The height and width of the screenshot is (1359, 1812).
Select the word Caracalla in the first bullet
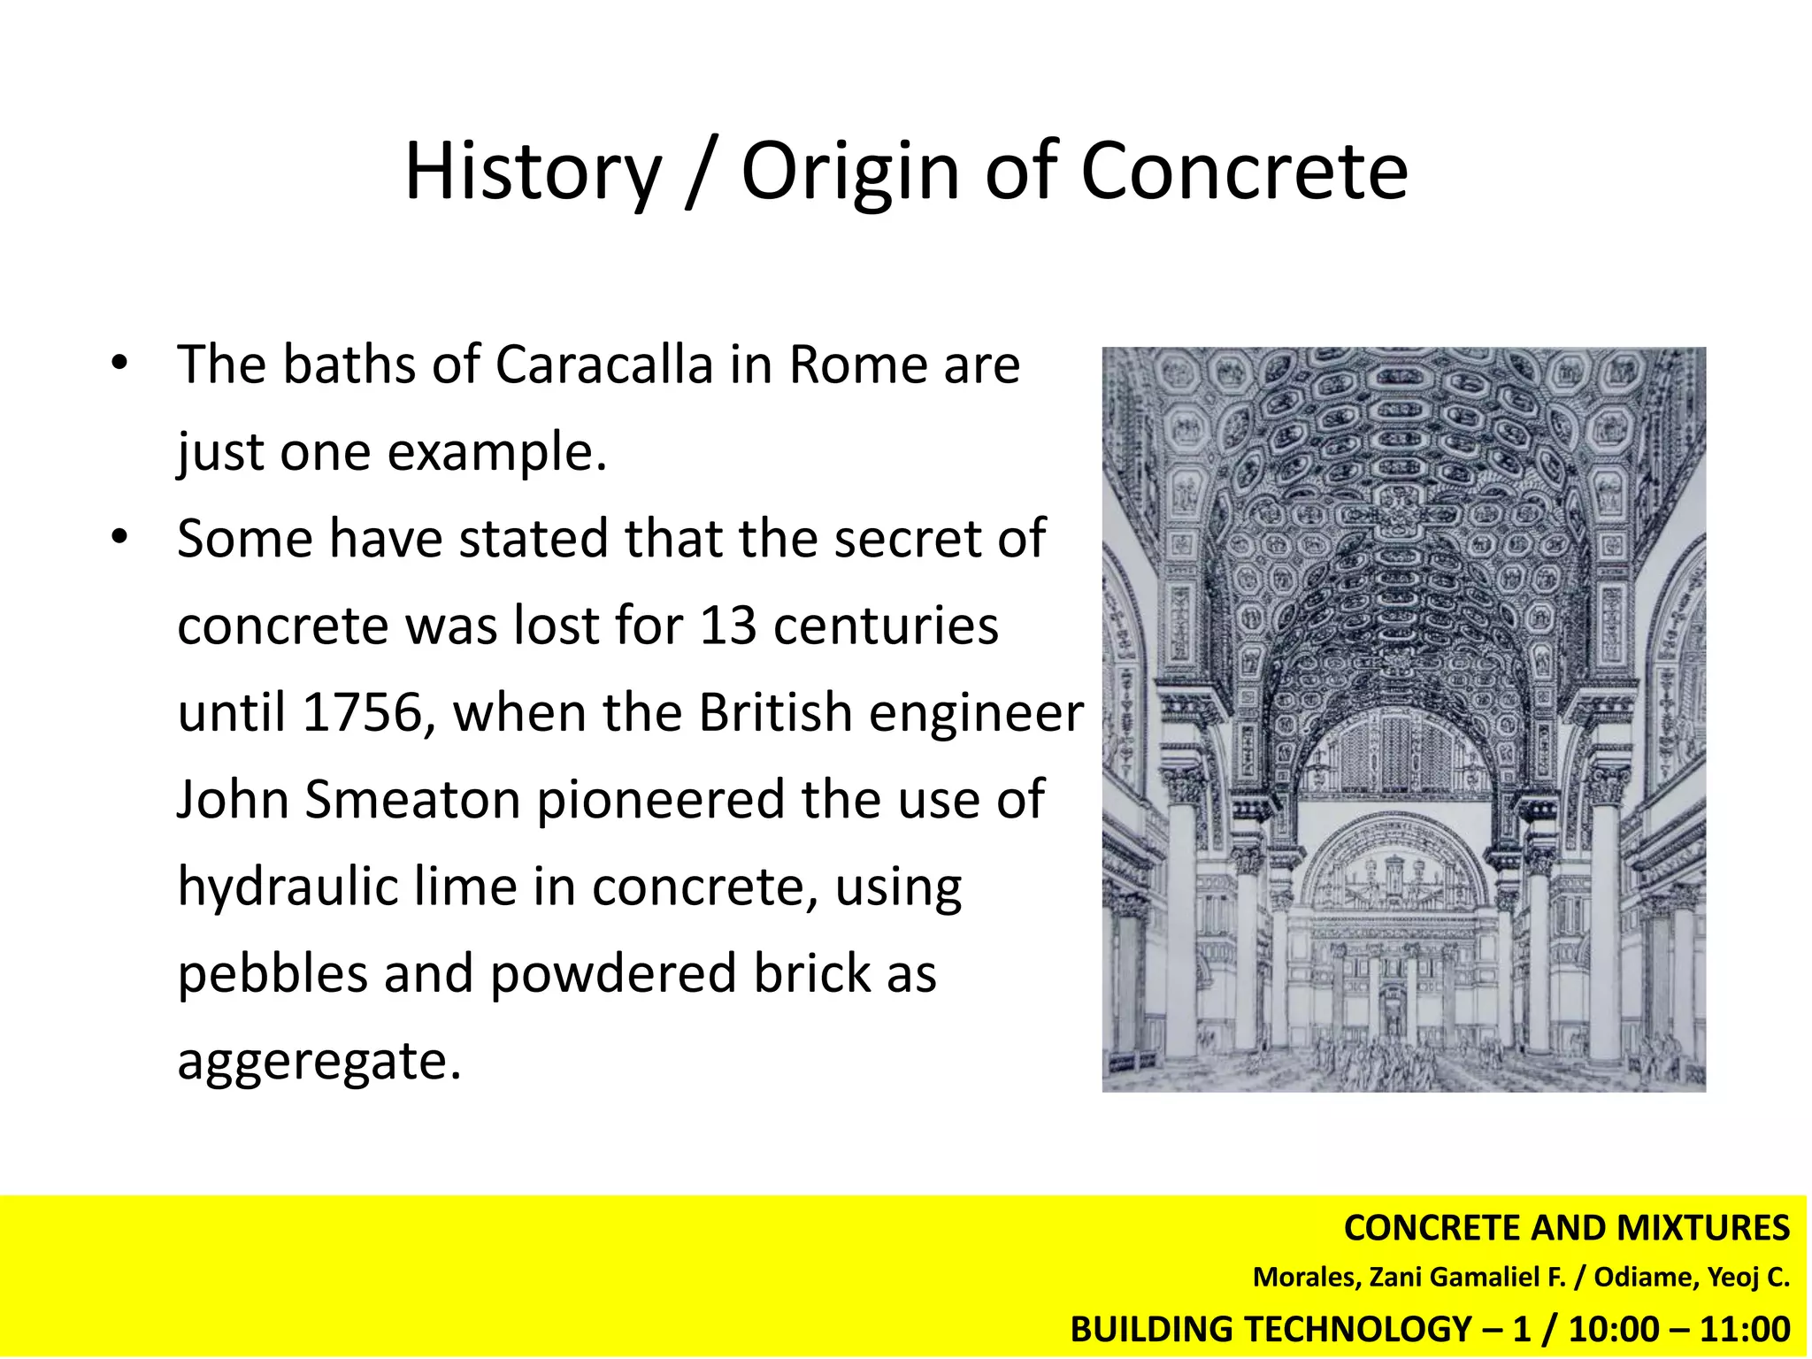pyautogui.click(x=603, y=365)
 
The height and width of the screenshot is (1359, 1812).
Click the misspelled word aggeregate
pyautogui.click(x=319, y=1061)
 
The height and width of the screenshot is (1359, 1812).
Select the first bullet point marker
pyautogui.click(x=119, y=363)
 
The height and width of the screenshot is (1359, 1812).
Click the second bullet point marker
pyautogui.click(x=119, y=537)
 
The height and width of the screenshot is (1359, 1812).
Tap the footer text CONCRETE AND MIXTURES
pyautogui.click(x=1566, y=1228)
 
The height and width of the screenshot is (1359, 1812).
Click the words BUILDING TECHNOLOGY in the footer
pyautogui.click(x=1271, y=1330)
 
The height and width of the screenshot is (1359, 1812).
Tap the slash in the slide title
pyautogui.click(x=700, y=173)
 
